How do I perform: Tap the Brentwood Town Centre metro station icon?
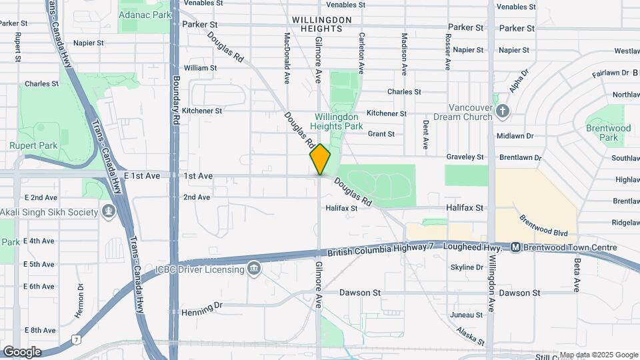516,248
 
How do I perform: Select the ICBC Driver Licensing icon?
253,269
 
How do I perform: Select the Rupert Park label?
33,145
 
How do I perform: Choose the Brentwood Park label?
608,132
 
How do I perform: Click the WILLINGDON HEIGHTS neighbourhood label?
321,25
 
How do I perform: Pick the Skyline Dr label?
467,267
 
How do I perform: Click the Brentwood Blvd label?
544,225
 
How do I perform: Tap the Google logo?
22,351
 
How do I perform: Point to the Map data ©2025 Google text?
599,355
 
